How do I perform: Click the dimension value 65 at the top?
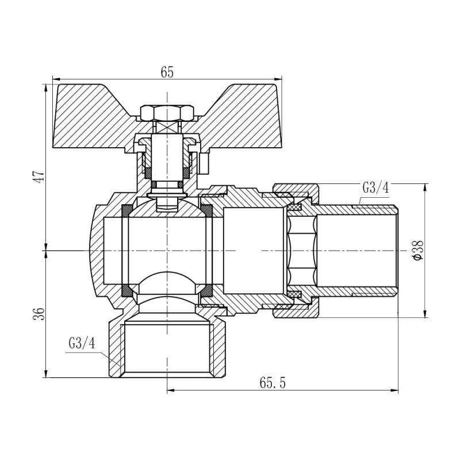click(167, 72)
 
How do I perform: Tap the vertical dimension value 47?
click(38, 177)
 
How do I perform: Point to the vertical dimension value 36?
click(38, 313)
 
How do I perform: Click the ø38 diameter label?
click(418, 251)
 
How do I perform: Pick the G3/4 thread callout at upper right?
click(375, 187)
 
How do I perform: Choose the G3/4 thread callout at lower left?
click(81, 343)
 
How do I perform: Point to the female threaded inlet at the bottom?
click(166, 351)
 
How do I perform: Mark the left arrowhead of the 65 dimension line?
click(55, 78)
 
